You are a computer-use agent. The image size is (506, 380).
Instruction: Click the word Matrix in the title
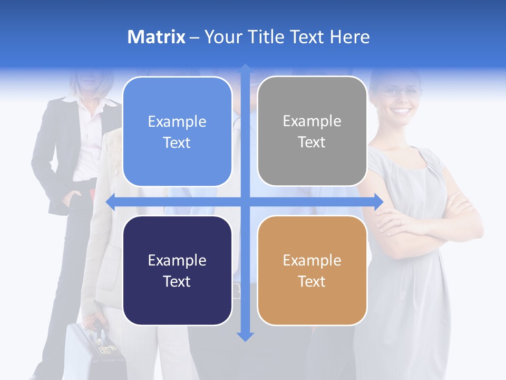coord(156,37)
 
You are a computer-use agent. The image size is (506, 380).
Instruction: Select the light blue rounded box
coord(177,131)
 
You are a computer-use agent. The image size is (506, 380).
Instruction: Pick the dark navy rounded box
coord(177,270)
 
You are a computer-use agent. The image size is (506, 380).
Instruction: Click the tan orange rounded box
coord(312,270)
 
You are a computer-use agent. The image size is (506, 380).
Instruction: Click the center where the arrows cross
coord(245,202)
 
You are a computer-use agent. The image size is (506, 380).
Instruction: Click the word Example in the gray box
coord(312,121)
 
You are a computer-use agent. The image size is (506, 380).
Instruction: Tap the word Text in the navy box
coord(177,281)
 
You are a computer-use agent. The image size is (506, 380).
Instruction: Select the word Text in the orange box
coord(312,281)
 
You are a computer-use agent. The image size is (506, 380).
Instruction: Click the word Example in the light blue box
coord(177,121)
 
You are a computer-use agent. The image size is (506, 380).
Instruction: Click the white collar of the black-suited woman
coord(79,100)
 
